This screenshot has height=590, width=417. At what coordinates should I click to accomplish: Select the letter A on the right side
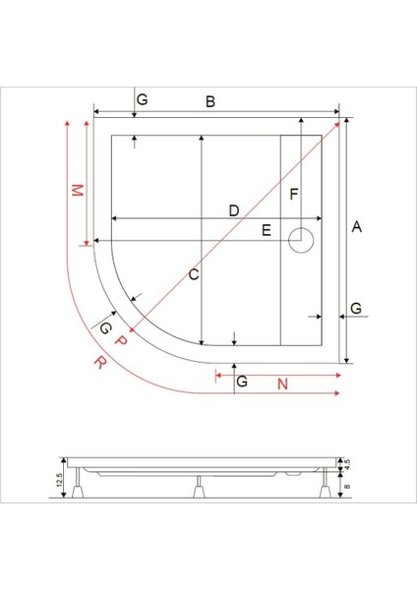pyautogui.click(x=357, y=227)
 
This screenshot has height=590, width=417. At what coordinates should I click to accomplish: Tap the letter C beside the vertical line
pyautogui.click(x=194, y=275)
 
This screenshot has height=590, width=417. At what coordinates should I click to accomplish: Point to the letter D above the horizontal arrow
pyautogui.click(x=233, y=210)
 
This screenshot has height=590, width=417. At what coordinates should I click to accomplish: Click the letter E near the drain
pyautogui.click(x=266, y=230)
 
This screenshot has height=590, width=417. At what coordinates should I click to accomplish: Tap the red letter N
pyautogui.click(x=282, y=383)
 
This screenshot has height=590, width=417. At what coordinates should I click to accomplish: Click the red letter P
pyautogui.click(x=121, y=340)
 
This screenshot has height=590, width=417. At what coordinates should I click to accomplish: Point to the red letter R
pyautogui.click(x=99, y=362)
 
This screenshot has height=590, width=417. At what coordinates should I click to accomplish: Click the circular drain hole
pyautogui.click(x=301, y=238)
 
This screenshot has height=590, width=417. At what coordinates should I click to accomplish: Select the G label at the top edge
pyautogui.click(x=142, y=100)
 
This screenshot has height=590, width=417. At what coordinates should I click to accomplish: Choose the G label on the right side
pyautogui.click(x=356, y=309)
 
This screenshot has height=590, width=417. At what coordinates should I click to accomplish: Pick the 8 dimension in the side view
pyautogui.click(x=346, y=482)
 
